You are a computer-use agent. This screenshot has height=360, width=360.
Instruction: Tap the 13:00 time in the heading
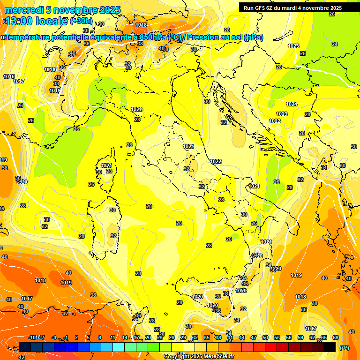[19, 21]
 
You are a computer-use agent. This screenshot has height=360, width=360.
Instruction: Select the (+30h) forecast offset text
[81, 21]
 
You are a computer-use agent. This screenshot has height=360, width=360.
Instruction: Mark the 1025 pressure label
[293, 46]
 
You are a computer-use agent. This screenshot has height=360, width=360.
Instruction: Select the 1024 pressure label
[292, 104]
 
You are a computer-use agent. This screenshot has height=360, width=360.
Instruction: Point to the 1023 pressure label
[282, 114]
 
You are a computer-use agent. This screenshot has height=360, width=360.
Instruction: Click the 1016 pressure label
[8, 76]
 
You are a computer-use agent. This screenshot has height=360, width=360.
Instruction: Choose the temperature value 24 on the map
[334, 44]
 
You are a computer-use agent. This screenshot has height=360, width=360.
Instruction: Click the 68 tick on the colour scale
[336, 337]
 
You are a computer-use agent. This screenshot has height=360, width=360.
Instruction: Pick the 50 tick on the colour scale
[265, 337]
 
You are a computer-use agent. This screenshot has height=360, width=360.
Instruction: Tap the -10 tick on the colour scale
[33, 337]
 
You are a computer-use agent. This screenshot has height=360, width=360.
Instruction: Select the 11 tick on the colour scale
[112, 337]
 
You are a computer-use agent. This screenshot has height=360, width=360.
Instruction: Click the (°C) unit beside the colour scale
[344, 348]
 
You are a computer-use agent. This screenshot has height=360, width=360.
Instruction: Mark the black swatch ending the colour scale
[330, 347]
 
